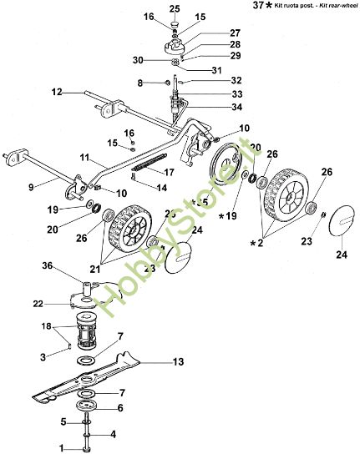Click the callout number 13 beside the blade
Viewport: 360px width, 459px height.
(177, 362)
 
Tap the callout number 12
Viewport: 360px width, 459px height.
(57, 93)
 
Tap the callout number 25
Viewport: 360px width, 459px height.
(174, 8)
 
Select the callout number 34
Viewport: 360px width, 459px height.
(214, 108)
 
